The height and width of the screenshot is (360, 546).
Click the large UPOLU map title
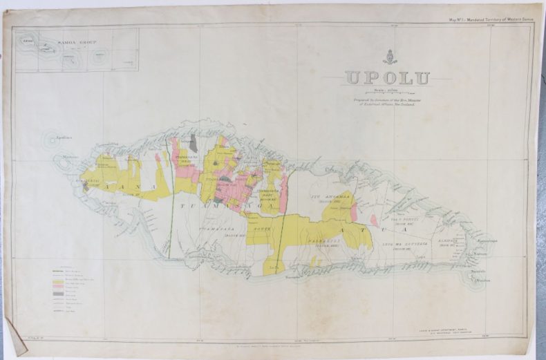[386, 77]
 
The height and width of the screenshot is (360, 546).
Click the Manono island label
[68, 160]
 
